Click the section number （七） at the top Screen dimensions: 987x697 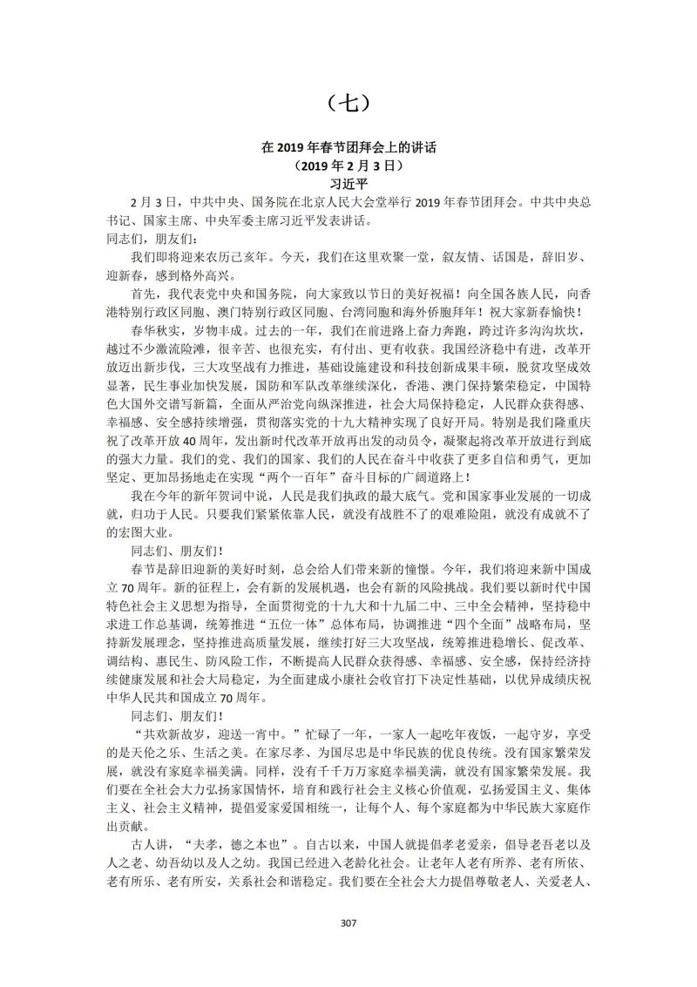tap(348, 104)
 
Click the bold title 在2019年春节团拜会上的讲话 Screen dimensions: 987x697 tap(348, 148)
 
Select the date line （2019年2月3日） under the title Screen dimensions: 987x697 tap(348, 166)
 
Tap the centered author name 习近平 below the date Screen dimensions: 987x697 tap(348, 184)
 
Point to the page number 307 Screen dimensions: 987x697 tap(348, 923)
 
